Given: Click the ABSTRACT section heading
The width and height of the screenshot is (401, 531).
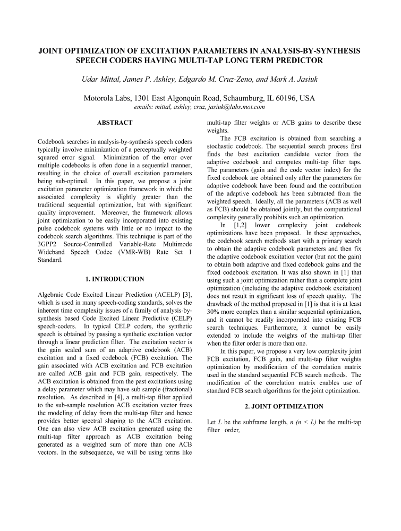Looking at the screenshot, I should [x=115, y=123].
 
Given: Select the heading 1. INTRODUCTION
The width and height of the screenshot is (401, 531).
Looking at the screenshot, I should [x=115, y=279].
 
